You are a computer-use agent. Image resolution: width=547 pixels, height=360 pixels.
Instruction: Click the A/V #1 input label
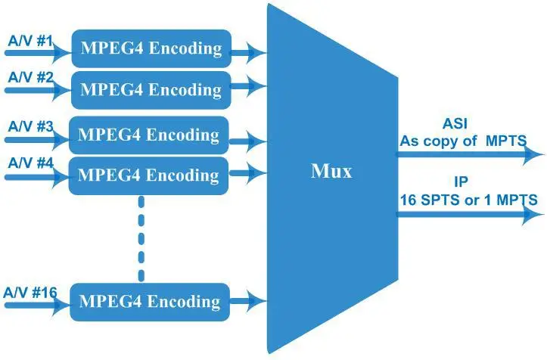pos(28,39)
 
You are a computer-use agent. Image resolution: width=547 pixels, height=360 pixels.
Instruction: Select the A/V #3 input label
pos(28,126)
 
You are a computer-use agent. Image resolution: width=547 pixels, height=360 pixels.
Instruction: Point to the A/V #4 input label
pos(28,163)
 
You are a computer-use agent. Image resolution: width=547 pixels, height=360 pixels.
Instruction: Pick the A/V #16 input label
pos(31,291)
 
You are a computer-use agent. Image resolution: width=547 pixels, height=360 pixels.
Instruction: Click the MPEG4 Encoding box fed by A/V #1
pos(151,48)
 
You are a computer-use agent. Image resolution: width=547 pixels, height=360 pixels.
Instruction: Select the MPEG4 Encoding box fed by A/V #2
pos(151,90)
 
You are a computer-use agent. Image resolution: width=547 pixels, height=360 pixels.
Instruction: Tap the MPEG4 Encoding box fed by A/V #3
pos(148,135)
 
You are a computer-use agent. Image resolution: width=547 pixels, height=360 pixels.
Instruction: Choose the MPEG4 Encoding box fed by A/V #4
pos(148,175)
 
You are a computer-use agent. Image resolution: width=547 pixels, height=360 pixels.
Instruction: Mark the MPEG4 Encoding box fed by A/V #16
pos(148,301)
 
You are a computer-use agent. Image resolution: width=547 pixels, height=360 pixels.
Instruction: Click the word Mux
pos(331,171)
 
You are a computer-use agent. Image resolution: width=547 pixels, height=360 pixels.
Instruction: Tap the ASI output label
pos(455,124)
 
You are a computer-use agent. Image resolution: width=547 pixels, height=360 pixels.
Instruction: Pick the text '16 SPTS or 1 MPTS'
pos(468,200)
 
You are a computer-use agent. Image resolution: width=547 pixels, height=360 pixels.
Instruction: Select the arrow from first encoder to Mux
pos(248,52)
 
